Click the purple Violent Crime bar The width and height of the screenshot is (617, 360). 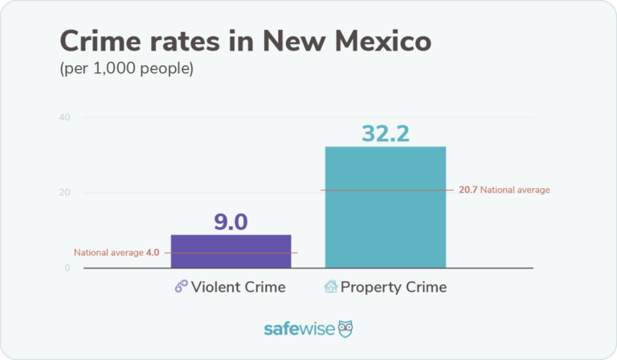click(x=231, y=251)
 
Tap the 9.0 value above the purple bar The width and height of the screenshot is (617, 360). click(x=231, y=221)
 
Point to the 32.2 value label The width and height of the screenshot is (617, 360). click(x=385, y=133)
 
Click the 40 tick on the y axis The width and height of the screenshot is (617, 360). click(x=64, y=117)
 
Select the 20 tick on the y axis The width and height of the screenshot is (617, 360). click(x=64, y=193)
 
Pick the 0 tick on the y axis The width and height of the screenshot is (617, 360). click(x=67, y=268)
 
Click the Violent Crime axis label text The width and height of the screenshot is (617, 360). click(x=238, y=287)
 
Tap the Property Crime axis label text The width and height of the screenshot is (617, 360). click(x=394, y=287)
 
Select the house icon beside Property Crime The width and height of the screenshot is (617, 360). click(x=330, y=287)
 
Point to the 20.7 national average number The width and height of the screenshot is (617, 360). click(x=468, y=190)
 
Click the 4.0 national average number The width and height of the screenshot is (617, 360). click(x=153, y=252)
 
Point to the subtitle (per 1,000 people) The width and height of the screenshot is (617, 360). click(x=126, y=69)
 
